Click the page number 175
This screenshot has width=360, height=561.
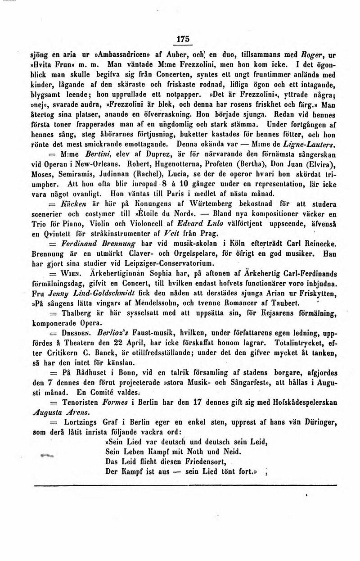[x=183, y=39]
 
